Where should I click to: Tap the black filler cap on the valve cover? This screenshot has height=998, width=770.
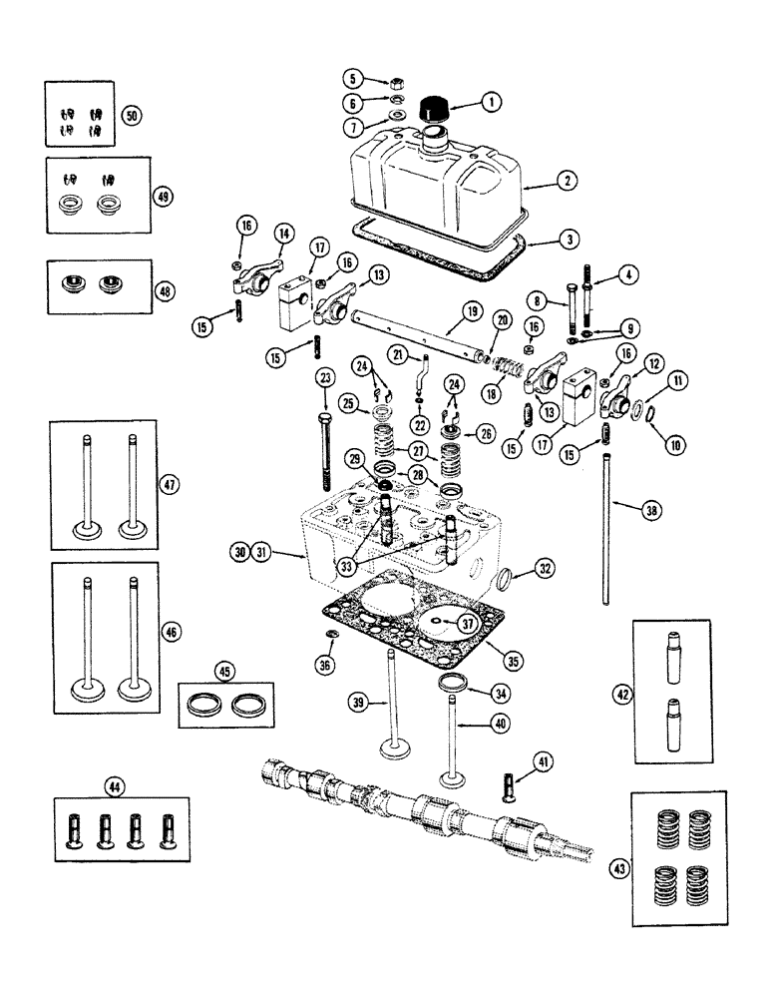[x=436, y=107]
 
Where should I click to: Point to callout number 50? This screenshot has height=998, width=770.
[x=131, y=115]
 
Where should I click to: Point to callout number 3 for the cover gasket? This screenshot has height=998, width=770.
[x=566, y=241]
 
